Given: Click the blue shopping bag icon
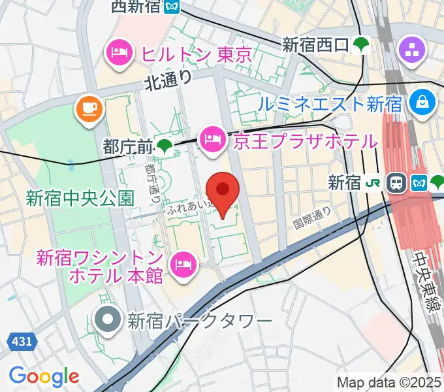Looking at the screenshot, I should (x=422, y=101).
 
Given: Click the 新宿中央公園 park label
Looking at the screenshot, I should (x=80, y=197).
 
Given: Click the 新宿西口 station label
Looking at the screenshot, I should (x=316, y=45).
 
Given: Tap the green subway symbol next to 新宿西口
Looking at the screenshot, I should (x=360, y=45).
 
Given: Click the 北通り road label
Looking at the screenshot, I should (x=168, y=80).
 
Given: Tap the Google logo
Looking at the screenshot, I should (x=44, y=376).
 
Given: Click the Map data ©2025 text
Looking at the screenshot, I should (x=389, y=382).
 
